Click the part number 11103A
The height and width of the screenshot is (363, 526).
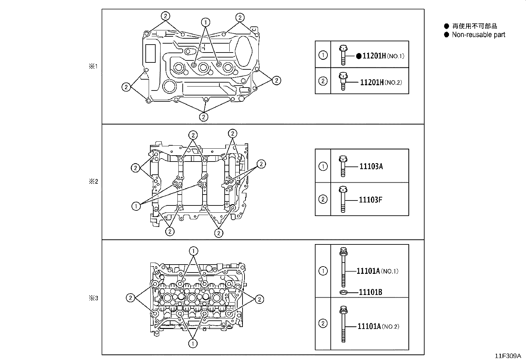(371, 166)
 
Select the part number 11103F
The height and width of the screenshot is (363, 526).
(370, 200)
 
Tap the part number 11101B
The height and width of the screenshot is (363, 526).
(370, 292)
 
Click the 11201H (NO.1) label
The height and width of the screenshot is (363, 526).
(383, 56)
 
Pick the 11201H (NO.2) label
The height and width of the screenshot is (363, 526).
(381, 82)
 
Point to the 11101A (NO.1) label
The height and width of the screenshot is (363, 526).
(377, 271)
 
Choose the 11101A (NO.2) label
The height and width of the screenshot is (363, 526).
(378, 326)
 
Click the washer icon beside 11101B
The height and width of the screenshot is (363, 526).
(343, 292)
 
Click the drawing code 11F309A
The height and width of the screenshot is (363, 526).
(507, 356)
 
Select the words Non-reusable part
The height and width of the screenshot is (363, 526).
(478, 35)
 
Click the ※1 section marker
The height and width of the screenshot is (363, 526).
(93, 66)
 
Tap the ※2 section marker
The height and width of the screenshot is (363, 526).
(93, 181)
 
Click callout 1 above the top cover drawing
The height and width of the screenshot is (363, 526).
(206, 22)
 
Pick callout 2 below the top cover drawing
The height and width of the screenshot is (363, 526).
(204, 117)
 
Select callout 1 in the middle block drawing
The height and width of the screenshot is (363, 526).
(136, 206)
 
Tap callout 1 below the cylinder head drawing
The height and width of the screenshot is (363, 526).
(193, 344)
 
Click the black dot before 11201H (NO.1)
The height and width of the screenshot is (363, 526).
(359, 56)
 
